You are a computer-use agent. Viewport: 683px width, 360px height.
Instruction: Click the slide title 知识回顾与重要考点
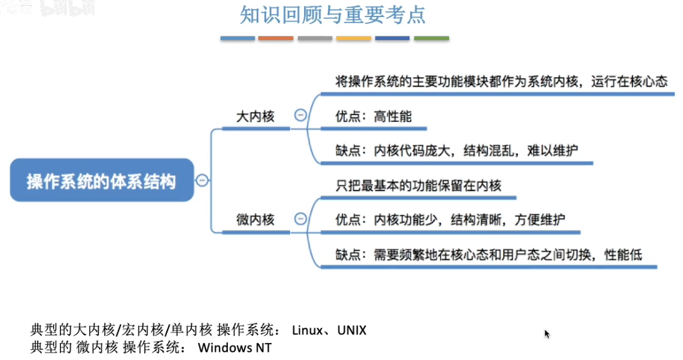tap(333, 15)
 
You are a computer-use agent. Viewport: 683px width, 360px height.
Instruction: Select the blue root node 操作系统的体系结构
tap(102, 180)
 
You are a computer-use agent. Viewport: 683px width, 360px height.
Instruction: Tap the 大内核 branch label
tap(255, 116)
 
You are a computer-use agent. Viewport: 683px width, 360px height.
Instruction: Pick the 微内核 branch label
tap(255, 219)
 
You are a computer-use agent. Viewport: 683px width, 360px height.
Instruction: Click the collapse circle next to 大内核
tap(300, 115)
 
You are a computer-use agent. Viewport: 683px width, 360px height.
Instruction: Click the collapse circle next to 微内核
tap(300, 218)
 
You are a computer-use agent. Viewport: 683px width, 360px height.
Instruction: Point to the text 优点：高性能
tap(373, 116)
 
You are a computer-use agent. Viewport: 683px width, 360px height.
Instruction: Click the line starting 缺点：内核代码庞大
tap(456, 151)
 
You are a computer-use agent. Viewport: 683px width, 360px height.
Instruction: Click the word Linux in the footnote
tap(306, 331)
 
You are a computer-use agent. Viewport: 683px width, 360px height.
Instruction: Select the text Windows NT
tap(235, 348)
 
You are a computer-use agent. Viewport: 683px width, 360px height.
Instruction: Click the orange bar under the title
tap(276, 38)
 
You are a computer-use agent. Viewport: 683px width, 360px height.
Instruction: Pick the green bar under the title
tap(431, 38)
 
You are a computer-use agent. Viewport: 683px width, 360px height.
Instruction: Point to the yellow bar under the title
tap(353, 38)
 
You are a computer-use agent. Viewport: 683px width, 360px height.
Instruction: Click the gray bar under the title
tap(315, 38)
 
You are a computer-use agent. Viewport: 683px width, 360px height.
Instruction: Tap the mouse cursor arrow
tap(547, 334)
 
